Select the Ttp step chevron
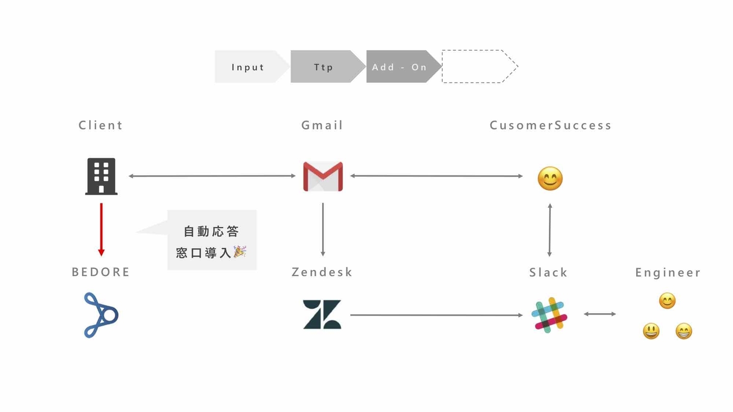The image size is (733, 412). tap(327, 67)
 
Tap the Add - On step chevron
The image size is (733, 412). tap(403, 67)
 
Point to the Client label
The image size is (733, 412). tap(100, 125)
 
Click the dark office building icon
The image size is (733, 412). tap(101, 176)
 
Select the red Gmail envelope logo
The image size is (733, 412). tap(323, 176)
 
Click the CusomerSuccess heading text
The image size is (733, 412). tap(550, 125)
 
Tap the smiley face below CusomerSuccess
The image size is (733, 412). tap(550, 179)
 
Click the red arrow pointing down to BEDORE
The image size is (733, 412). tap(101, 229)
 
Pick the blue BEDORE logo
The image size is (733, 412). tap(101, 315)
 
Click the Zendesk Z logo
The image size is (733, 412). tap(322, 314)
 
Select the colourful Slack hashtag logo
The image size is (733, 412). tap(549, 315)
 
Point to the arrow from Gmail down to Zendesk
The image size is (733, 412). tap(323, 229)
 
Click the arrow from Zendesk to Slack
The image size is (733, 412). tap(437, 315)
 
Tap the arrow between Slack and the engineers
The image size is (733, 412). tap(600, 314)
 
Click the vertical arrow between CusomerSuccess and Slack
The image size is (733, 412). tap(550, 230)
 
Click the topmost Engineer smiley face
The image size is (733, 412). tap(667, 301)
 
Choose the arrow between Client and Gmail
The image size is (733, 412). tap(212, 176)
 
